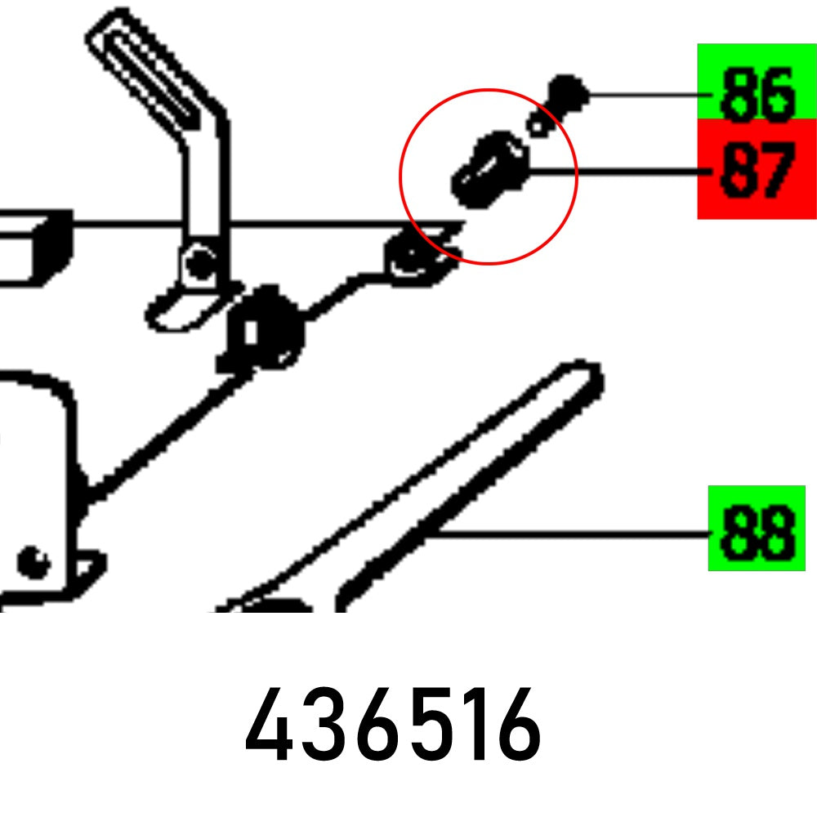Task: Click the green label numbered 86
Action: tap(756, 82)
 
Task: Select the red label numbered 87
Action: tap(756, 170)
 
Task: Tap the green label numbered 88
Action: tap(756, 529)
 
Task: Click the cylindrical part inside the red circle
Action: tap(489, 169)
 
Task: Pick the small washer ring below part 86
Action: tap(538, 125)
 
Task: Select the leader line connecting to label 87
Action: tap(613, 172)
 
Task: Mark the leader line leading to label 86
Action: tap(645, 96)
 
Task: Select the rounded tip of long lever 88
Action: tap(582, 377)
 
